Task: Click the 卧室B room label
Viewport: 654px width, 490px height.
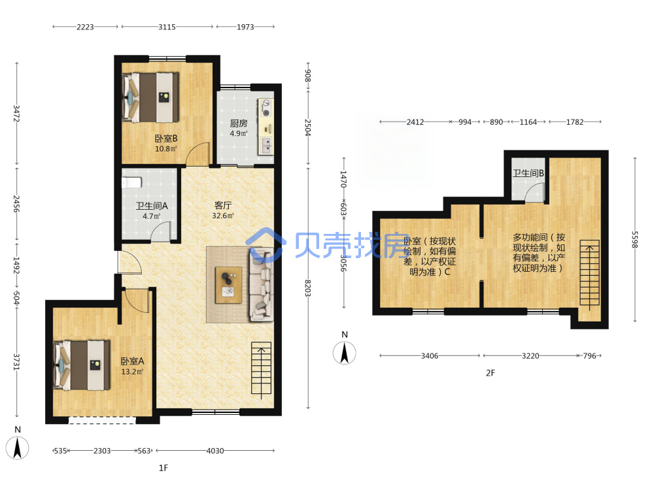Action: (166, 139)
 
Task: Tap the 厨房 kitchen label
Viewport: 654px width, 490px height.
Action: (239, 123)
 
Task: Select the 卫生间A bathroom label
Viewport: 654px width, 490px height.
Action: (152, 206)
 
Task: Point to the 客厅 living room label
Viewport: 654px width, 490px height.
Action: (223, 205)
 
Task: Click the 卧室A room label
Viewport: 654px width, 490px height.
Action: (132, 361)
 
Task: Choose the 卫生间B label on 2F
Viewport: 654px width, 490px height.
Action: (528, 173)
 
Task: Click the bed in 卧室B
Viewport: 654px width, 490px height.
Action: (150, 97)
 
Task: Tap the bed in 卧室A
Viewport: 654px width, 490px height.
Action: (82, 365)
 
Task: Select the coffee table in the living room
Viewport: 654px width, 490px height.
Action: (228, 285)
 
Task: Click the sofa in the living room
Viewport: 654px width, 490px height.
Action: (262, 285)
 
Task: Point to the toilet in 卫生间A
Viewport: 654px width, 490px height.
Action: (132, 182)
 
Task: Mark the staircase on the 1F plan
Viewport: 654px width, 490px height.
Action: (261, 368)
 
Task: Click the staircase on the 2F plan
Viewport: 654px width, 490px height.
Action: (589, 273)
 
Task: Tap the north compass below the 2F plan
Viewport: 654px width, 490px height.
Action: (345, 353)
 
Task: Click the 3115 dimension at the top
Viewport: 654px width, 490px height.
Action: (167, 27)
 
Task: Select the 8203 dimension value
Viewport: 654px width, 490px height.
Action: (307, 288)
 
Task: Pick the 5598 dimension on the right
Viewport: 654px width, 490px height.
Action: (634, 240)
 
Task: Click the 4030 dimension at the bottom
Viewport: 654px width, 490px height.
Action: (215, 450)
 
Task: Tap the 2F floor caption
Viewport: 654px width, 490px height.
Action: (490, 373)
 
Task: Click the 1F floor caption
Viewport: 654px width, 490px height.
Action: (163, 468)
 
